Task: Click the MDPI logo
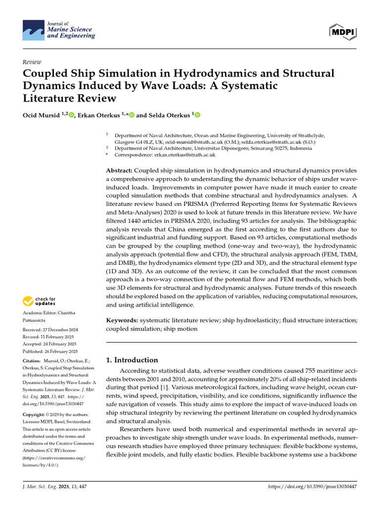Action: coord(343,32)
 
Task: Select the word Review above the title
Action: coord(32,62)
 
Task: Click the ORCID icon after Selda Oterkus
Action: coord(197,115)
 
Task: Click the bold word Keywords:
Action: coord(122,320)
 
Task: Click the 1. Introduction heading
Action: coord(133,360)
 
